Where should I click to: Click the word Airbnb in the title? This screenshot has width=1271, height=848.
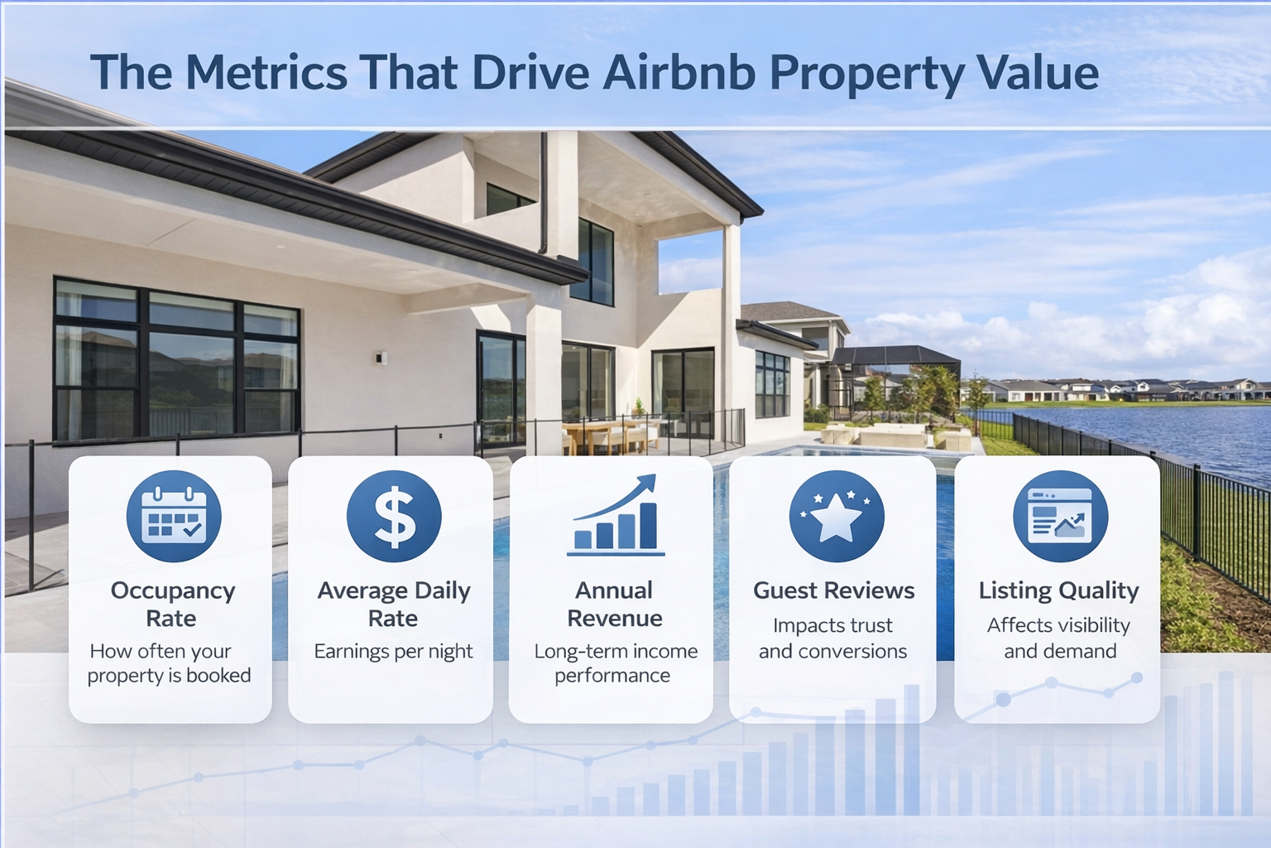click(679, 73)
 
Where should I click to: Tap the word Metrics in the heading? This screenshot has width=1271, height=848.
click(266, 73)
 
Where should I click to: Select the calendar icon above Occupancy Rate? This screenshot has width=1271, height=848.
click(173, 517)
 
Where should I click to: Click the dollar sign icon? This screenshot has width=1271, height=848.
click(394, 517)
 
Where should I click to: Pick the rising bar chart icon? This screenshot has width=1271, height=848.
click(616, 517)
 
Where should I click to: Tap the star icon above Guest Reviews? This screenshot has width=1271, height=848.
click(836, 517)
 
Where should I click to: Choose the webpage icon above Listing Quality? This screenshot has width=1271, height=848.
click(1060, 517)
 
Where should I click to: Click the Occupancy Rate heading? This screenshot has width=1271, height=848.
click(172, 605)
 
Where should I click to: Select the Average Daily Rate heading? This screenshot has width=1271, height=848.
click(393, 605)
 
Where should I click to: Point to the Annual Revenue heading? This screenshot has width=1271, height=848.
click(614, 605)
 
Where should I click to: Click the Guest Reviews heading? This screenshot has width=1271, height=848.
click(833, 591)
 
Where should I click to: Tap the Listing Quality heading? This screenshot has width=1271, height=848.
click(1058, 591)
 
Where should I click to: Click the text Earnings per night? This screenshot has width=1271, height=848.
click(393, 652)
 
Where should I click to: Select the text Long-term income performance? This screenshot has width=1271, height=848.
click(615, 663)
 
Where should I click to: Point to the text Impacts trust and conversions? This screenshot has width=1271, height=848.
click(833, 638)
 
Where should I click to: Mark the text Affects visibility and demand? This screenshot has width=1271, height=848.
click(1059, 638)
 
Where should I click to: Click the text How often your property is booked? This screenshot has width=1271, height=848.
click(170, 663)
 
